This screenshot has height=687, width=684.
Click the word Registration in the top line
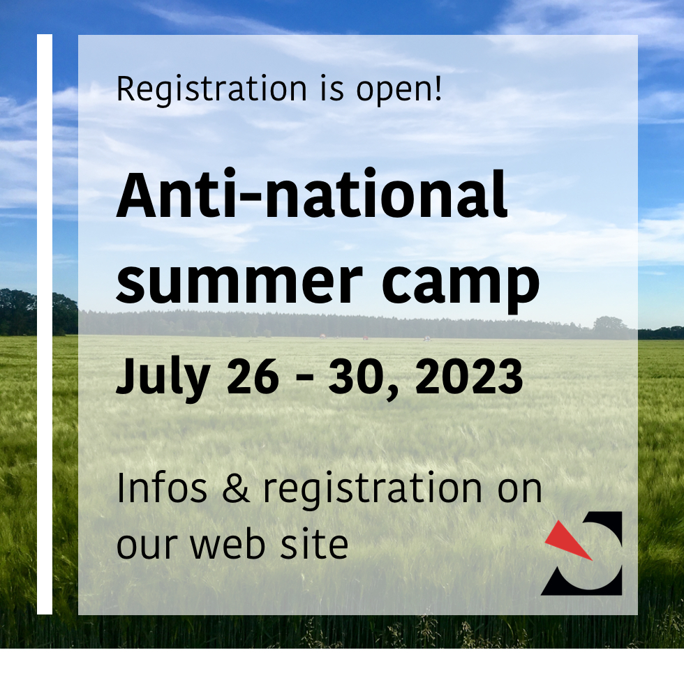pyautogui.click(x=211, y=89)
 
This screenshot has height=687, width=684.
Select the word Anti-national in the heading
pyautogui.click(x=311, y=195)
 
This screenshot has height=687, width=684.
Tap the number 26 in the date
pyautogui.click(x=252, y=377)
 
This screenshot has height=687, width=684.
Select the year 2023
pyautogui.click(x=468, y=377)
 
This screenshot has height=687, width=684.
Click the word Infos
pyautogui.click(x=162, y=488)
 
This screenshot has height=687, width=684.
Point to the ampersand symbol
pyautogui.click(x=236, y=488)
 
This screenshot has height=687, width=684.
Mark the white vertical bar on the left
pyautogui.click(x=45, y=324)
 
